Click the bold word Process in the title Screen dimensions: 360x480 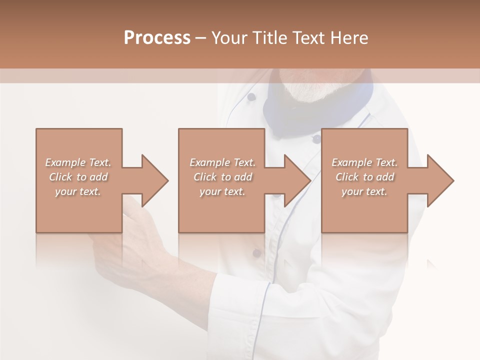point(157,38)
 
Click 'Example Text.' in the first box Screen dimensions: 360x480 point(78,162)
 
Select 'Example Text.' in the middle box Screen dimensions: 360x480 point(222,162)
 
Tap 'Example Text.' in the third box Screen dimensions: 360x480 point(364,162)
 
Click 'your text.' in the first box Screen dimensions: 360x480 point(78,191)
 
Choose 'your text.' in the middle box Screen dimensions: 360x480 point(222,191)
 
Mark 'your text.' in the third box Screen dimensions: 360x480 point(364,191)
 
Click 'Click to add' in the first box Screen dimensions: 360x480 point(78,177)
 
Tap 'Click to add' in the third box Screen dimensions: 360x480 point(364,177)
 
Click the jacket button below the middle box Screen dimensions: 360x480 point(256,253)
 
